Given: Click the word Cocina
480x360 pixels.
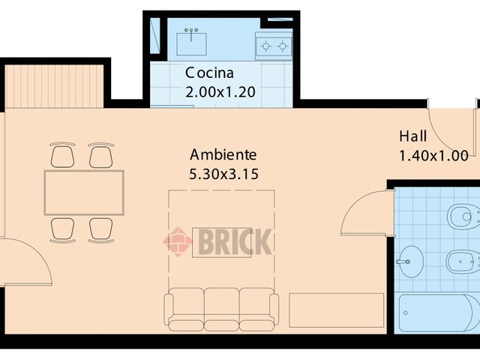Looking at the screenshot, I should (x=210, y=73).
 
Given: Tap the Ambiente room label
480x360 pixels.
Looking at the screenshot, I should (x=223, y=155).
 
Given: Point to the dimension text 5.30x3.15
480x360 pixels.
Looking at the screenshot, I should (x=223, y=174).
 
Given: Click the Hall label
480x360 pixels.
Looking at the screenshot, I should (x=412, y=136).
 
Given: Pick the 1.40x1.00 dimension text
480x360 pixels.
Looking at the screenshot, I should (x=433, y=156).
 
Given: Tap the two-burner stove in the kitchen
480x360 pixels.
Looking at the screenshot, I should (x=273, y=46).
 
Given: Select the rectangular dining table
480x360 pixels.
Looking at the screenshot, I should (x=84, y=193).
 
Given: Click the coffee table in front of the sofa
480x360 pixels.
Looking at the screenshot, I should (x=221, y=241).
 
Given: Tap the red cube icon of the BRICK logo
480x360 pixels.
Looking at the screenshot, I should (x=178, y=241).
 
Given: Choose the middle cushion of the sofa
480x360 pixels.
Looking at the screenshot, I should (x=221, y=307).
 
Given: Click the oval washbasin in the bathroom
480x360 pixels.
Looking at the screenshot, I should (x=410, y=262).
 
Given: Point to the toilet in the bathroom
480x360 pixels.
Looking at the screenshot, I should (x=463, y=218).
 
